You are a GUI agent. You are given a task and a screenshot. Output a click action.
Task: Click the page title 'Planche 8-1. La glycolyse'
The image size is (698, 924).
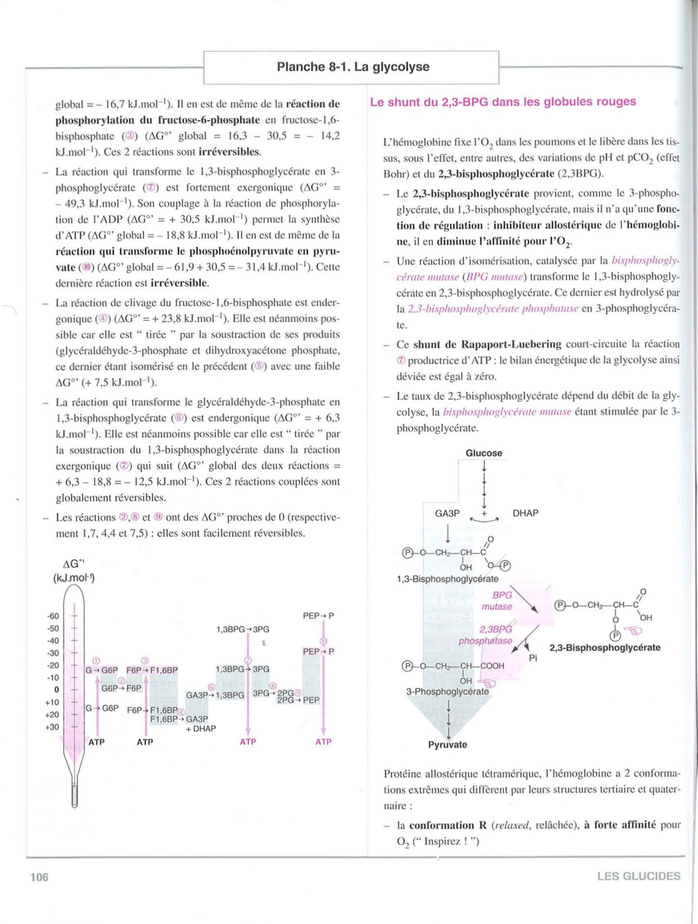[353, 67]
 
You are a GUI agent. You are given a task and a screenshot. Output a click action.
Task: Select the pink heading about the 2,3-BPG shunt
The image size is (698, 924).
[502, 102]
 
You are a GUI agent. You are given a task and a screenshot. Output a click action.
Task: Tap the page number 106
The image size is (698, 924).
[40, 877]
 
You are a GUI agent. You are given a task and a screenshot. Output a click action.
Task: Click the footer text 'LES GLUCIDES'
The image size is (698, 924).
[638, 876]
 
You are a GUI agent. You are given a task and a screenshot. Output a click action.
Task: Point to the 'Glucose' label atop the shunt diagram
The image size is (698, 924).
[484, 453]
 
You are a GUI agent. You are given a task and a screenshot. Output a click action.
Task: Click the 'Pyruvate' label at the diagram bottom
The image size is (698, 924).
[448, 745]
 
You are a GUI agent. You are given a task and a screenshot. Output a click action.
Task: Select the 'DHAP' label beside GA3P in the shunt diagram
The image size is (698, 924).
[525, 513]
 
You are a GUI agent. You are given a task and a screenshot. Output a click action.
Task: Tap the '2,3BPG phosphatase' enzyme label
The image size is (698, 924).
[487, 635]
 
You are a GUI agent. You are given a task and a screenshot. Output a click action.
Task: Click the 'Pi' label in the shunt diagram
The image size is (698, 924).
[533, 658]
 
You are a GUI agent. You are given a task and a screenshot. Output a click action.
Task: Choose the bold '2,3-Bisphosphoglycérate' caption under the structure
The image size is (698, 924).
[605, 648]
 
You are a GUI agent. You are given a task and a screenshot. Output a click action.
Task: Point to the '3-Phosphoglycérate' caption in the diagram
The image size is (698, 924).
[447, 691]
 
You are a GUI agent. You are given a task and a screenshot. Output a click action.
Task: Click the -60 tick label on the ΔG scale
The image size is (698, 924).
[53, 616]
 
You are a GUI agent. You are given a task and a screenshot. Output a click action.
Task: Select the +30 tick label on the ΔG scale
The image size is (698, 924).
[53, 727]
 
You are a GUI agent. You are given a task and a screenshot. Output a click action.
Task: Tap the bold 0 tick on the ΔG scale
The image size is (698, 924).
[57, 689]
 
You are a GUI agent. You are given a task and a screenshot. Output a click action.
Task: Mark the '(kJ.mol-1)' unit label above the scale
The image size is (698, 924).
[74, 578]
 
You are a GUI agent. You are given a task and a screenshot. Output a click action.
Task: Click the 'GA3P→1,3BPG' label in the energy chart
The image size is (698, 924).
[215, 695]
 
